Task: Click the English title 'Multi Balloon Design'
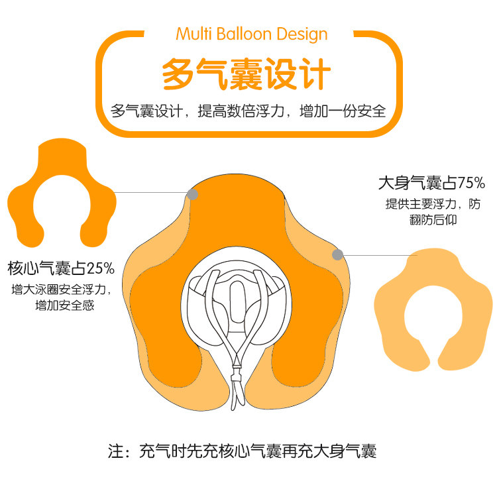tap(251, 33)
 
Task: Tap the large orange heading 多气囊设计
tap(247, 74)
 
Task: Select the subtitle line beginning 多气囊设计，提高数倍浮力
tap(248, 111)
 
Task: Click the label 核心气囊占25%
tap(61, 268)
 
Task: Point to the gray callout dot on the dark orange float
tap(193, 194)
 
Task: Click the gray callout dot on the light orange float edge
tap(337, 254)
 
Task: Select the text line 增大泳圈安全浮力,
tap(60, 290)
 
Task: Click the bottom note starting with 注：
tap(243, 452)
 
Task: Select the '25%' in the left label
tap(101, 268)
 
